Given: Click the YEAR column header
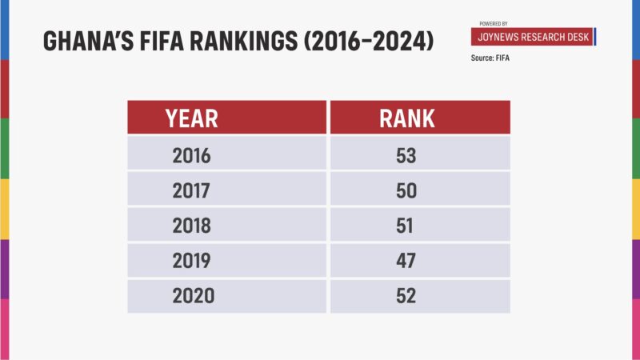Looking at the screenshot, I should (x=191, y=118).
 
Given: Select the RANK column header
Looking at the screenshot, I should (x=406, y=118).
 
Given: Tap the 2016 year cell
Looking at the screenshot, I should (x=191, y=155).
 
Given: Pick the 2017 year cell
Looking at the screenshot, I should (x=191, y=190).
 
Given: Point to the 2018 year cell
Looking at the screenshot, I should (x=191, y=226).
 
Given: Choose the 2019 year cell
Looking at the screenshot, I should (x=191, y=261).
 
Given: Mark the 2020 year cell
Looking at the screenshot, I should (x=193, y=296).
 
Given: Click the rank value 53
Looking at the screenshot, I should (x=406, y=155).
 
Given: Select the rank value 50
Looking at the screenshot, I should (x=406, y=190).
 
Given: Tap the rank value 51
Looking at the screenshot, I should (x=405, y=226).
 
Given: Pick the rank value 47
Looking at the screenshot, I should (x=406, y=261).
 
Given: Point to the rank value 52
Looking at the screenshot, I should (x=406, y=296).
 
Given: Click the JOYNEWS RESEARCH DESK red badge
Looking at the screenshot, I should (x=531, y=38).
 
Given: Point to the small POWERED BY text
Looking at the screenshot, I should (x=493, y=24).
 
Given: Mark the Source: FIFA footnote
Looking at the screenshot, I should (x=491, y=58).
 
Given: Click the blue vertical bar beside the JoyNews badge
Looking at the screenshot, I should (x=594, y=38).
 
